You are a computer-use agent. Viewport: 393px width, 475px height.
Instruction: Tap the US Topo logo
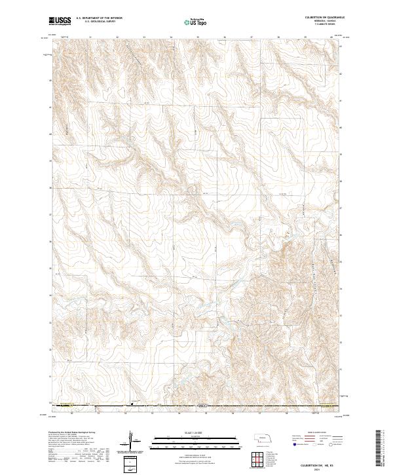point(196,22)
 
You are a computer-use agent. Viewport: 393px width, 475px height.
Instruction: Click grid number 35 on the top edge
point(198,37)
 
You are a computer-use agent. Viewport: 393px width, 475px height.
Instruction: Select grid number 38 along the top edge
point(278,37)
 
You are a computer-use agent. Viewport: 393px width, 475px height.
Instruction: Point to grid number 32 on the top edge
point(117,37)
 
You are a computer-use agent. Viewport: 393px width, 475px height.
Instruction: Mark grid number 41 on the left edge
point(51,107)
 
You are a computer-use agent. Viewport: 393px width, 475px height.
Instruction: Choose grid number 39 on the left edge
point(51,161)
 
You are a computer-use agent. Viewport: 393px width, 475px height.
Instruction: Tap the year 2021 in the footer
point(322,466)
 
